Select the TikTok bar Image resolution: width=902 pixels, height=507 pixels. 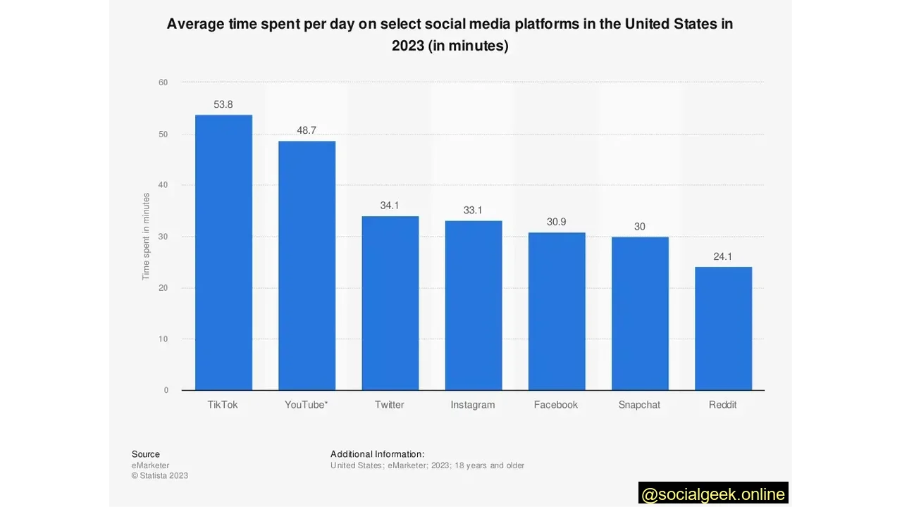(223, 252)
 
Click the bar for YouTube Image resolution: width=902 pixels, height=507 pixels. (307, 265)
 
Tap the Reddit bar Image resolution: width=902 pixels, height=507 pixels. (723, 328)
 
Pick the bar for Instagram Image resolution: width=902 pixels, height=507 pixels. (473, 305)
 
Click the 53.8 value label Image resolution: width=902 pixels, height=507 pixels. (223, 105)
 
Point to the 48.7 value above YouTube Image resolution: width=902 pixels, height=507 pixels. (307, 131)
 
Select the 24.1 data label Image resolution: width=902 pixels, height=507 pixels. (723, 257)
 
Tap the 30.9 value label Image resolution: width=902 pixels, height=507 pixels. (556, 223)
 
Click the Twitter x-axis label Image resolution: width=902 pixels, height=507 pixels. (390, 405)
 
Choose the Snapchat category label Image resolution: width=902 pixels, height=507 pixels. (639, 405)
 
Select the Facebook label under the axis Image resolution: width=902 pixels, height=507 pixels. (556, 405)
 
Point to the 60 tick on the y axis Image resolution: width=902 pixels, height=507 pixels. (163, 82)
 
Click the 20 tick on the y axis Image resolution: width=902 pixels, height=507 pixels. (163, 288)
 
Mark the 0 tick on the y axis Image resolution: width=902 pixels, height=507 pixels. (166, 390)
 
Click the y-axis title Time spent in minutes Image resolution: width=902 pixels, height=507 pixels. (146, 237)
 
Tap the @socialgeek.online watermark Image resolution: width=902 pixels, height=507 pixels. (713, 494)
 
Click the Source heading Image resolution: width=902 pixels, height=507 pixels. (146, 454)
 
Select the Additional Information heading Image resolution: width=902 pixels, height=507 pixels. (377, 454)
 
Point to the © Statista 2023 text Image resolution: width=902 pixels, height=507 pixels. (160, 475)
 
